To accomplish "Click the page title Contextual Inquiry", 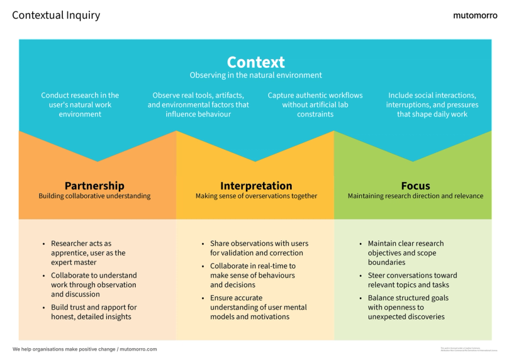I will click(56, 15).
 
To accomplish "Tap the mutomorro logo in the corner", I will click(475, 15).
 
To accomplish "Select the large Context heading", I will click(256, 62).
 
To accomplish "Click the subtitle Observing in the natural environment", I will click(256, 75).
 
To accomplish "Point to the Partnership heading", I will click(94, 185).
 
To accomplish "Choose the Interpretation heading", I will click(256, 185).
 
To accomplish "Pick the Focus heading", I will click(415, 185).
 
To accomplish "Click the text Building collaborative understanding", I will click(94, 196).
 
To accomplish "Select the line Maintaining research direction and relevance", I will click(415, 196).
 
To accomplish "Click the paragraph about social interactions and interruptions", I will click(432, 105).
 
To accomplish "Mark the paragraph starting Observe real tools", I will click(198, 105).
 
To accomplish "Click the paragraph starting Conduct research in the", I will click(80, 105).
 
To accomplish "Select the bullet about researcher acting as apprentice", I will click(88, 253).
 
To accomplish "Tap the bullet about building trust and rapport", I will click(93, 312).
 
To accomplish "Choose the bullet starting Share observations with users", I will click(258, 248).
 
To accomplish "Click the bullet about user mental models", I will click(258, 307).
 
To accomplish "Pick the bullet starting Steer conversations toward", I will click(412, 280).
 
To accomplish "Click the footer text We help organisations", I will click(85, 349).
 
